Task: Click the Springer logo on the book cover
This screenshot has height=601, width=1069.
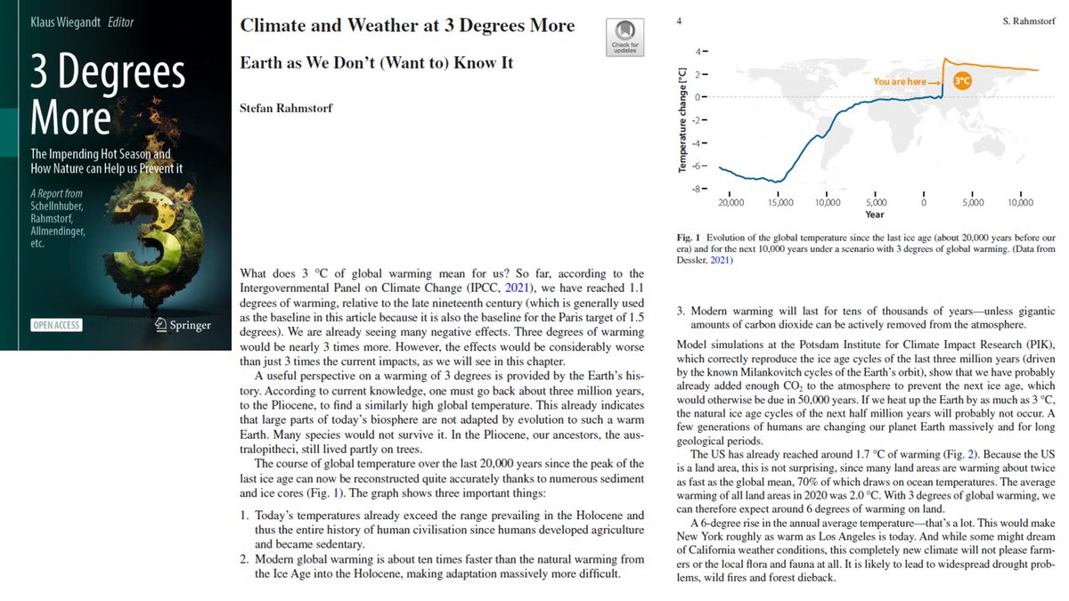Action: [183, 324]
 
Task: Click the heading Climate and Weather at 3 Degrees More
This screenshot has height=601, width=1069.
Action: [407, 26]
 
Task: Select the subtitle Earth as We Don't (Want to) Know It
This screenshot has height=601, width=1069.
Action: [377, 64]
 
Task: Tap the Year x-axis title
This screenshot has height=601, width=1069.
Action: [875, 215]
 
